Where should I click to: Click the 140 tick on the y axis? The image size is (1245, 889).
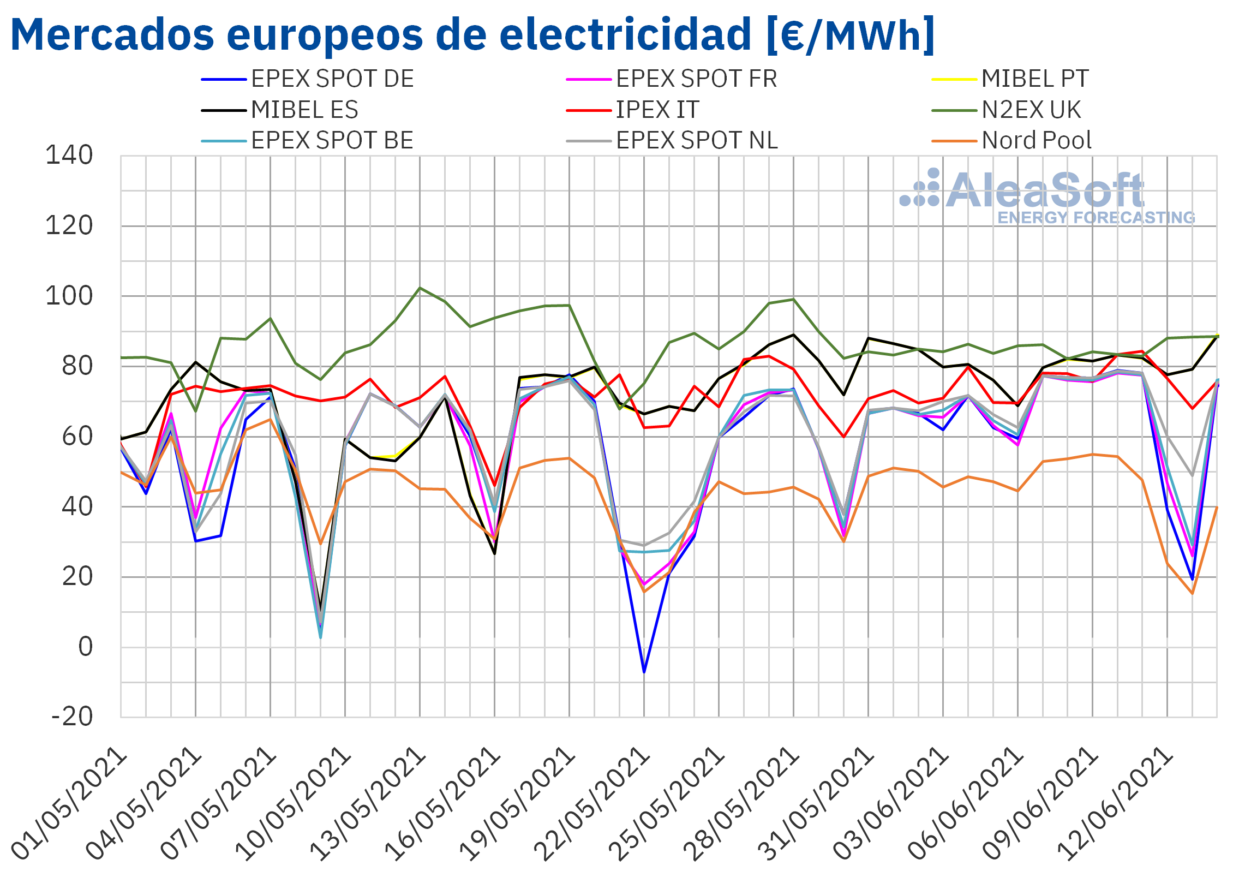point(69,156)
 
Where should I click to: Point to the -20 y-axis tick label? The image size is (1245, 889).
point(72,717)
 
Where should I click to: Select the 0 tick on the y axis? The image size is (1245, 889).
point(85,647)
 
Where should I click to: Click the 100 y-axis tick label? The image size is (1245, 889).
point(69,296)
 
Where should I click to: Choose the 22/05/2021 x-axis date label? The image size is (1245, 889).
point(592,803)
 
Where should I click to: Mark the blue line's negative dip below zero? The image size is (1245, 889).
point(644,672)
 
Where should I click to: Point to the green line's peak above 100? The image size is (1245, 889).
point(420,288)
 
